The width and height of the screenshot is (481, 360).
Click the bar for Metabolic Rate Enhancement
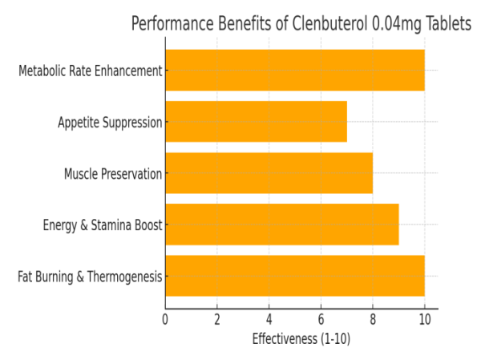[294, 70]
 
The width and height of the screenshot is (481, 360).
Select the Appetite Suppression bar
[256, 122]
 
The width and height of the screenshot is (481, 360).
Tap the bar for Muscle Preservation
[269, 173]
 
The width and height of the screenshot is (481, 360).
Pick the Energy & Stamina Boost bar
[281, 224]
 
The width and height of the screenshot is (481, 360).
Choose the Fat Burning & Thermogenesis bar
[294, 276]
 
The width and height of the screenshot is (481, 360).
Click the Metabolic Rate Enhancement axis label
[91, 71]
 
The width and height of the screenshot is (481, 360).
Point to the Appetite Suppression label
[110, 123]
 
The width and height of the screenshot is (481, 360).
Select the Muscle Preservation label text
[113, 174]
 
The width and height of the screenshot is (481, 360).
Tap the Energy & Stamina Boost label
[103, 225]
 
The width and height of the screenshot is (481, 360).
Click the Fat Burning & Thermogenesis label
[90, 277]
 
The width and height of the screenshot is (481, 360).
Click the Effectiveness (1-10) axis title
[301, 339]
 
